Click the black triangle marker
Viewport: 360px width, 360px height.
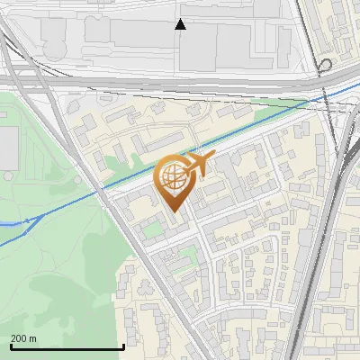point(181,24)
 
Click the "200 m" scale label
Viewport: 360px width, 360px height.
point(23,338)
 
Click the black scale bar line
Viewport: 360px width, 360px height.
point(67,346)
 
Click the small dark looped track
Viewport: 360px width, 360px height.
point(323,67)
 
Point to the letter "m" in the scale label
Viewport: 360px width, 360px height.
point(33,338)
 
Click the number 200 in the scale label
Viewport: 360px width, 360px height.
point(19,338)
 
